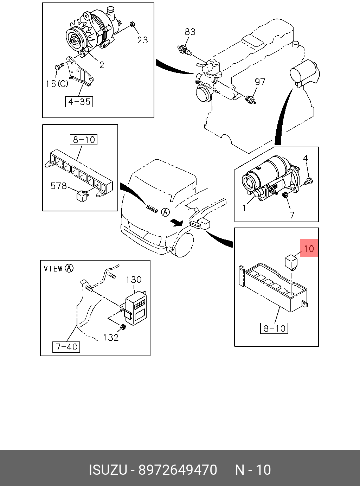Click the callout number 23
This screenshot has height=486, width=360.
142,40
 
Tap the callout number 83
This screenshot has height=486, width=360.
190,32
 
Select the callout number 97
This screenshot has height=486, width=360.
260,82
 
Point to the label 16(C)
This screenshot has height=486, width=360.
57,83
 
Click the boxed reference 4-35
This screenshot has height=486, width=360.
79,102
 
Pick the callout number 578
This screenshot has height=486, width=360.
58,186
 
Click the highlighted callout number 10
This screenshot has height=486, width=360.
309,249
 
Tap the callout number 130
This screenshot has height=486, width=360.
134,280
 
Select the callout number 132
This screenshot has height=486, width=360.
111,338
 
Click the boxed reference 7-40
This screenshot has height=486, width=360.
66,347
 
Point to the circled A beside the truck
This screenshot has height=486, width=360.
165,212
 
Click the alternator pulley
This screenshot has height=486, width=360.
74,40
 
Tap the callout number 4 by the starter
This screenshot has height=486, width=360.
306,158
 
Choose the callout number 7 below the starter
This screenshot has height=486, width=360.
292,215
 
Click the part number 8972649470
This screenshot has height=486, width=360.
178,470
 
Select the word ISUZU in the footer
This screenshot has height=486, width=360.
108,470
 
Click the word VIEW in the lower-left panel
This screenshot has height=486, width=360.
53,269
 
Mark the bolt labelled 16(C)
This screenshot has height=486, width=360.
59,66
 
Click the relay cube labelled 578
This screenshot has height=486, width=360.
82,196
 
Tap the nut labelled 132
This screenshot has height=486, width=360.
123,327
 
